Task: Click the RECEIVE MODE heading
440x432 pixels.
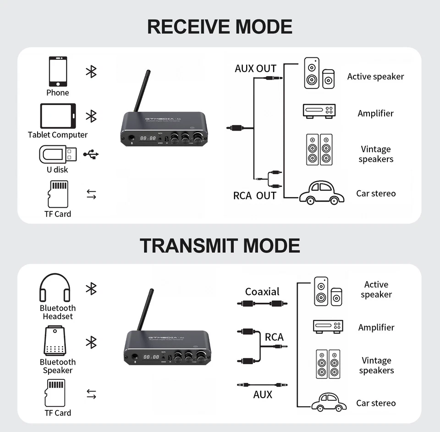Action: (220, 27)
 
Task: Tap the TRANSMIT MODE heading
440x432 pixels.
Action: (220, 245)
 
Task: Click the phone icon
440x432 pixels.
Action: (58, 72)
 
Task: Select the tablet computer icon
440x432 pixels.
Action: (58, 116)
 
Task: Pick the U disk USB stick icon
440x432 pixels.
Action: (58, 154)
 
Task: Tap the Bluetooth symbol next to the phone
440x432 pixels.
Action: (91, 71)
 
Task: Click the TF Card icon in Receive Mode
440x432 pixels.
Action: (58, 194)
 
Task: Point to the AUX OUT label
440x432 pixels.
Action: (255, 69)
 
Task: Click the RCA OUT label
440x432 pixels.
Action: (254, 196)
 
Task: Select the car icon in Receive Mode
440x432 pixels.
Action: (322, 193)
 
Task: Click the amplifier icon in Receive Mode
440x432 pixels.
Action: (319, 111)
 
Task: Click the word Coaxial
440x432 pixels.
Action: (262, 292)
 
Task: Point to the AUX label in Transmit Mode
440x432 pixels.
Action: (263, 394)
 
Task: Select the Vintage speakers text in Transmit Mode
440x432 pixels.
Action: (376, 366)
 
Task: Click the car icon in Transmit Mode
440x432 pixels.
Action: (329, 402)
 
